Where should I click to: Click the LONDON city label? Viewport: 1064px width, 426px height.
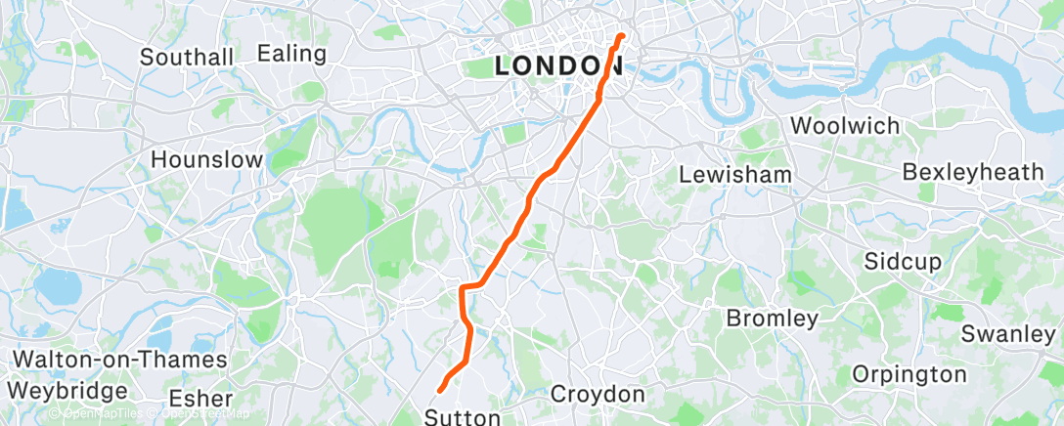559,65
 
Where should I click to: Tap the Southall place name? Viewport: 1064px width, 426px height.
187,57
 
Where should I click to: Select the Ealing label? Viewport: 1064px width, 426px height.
291,54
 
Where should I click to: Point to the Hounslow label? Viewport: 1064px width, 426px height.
206,159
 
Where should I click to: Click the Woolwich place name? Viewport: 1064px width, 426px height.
830,126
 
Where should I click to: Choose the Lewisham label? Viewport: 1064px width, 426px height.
735,174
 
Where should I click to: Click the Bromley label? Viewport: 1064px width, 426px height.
773,319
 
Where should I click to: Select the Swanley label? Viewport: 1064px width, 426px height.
1007,333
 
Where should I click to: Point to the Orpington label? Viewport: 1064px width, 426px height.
909,374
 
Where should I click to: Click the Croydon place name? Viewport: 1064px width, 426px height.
598,395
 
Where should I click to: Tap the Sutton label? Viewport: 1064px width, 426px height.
462,417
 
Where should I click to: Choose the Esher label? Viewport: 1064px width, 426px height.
200,399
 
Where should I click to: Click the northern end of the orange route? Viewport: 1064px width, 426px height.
622,37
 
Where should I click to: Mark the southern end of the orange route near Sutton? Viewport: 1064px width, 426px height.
441,390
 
